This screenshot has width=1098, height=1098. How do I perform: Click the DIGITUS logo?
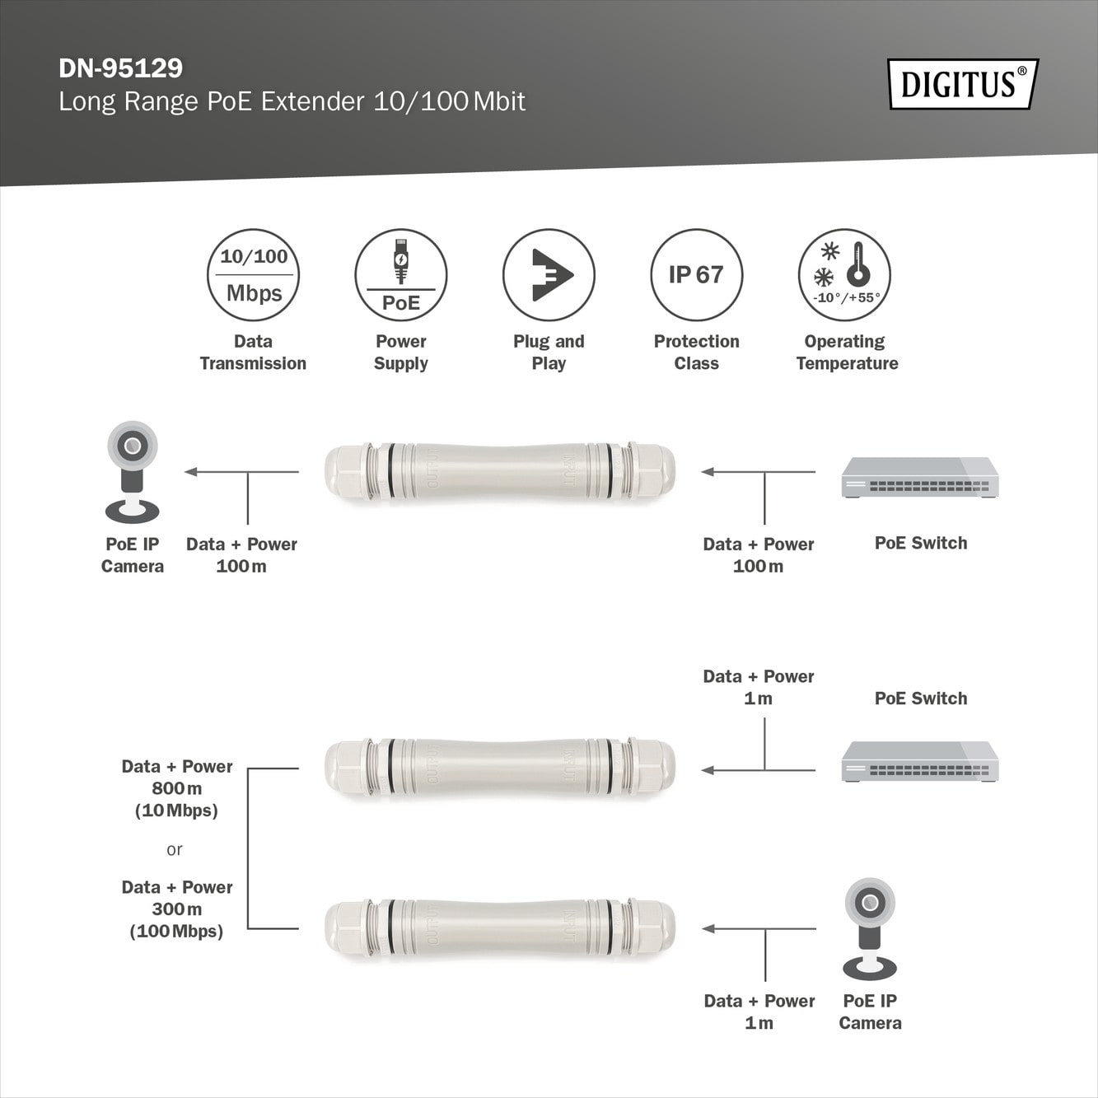click(963, 84)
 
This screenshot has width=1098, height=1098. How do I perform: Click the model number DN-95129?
click(121, 68)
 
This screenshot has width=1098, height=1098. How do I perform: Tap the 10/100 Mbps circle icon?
click(253, 275)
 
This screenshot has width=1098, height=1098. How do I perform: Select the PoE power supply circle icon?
click(400, 275)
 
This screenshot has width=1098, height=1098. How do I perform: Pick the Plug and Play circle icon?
click(549, 275)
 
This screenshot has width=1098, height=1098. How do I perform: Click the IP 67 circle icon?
click(696, 275)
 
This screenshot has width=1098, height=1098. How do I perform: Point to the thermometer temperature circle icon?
click(844, 275)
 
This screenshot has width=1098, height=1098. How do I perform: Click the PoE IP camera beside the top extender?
click(132, 472)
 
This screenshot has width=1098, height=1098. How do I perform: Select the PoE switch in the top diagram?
click(920, 478)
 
